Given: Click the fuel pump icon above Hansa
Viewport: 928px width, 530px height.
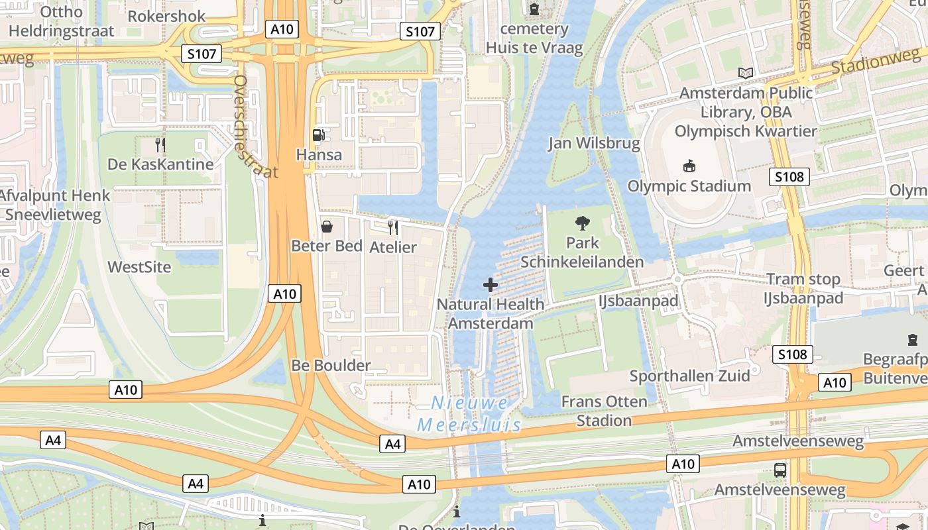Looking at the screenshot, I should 319,135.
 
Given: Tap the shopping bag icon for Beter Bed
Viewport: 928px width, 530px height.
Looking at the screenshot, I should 327,227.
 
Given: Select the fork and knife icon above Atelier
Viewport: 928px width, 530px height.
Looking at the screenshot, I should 393,228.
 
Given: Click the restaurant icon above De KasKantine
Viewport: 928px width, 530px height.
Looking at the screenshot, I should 160,144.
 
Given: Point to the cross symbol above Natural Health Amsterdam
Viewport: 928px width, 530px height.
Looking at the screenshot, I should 491,285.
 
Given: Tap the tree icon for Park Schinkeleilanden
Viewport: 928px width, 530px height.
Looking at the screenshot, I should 583,223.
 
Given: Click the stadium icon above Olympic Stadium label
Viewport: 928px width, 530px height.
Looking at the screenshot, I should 689,166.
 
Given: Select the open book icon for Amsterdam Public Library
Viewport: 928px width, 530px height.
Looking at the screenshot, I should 746,73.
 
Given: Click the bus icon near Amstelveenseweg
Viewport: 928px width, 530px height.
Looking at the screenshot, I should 780,470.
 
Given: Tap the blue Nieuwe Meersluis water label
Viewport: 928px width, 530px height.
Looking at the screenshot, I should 469,413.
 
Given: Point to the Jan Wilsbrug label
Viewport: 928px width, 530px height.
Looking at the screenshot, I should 594,143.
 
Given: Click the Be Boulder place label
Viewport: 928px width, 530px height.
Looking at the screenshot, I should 331,365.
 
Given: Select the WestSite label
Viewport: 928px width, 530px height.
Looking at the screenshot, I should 139,267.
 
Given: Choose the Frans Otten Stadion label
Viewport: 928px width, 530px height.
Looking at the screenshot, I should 604,411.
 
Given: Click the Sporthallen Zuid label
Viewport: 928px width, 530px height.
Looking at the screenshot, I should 689,376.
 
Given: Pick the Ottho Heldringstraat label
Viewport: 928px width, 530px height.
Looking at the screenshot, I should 62,21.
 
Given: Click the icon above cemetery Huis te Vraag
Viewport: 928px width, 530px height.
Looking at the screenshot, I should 534,9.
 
